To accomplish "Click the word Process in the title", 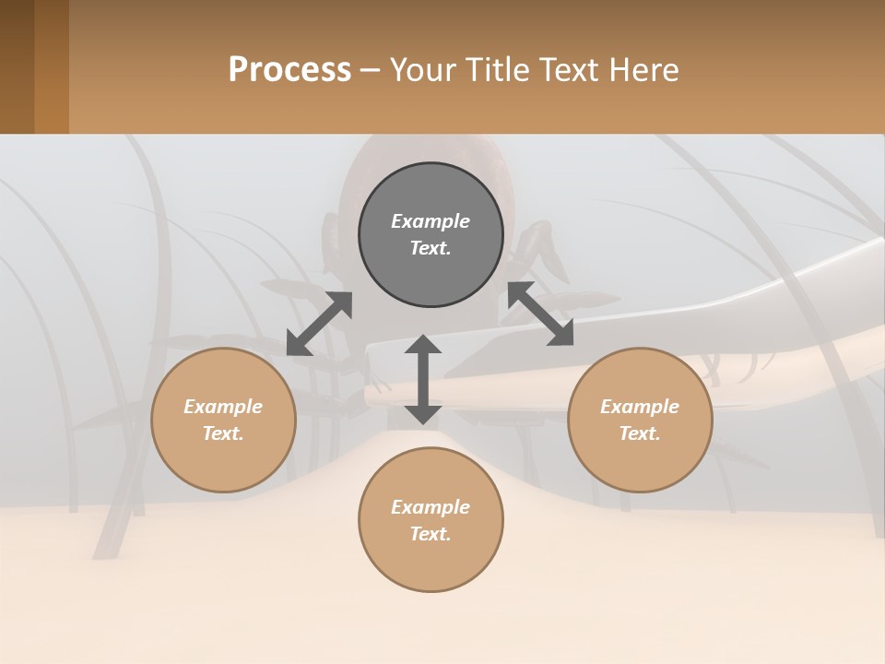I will click(289, 70).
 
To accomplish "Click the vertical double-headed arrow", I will click(423, 379).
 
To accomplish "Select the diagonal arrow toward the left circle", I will click(319, 324).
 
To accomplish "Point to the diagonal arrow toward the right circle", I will click(540, 314).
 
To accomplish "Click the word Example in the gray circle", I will click(431, 221).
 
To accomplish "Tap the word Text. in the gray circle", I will click(431, 248).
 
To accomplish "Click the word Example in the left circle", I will click(223, 407).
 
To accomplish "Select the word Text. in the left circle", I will click(223, 433).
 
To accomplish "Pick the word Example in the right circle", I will click(640, 407).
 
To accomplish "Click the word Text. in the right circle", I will click(640, 433).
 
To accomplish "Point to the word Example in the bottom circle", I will click(431, 507).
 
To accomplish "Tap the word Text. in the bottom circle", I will click(431, 534).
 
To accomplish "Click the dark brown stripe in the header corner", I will click(17, 66).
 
